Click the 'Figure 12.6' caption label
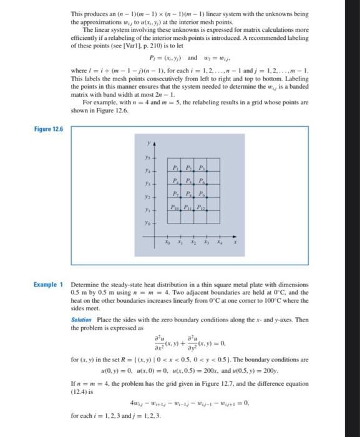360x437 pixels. [x=49, y=128]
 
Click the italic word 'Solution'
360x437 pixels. [x=84, y=320]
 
